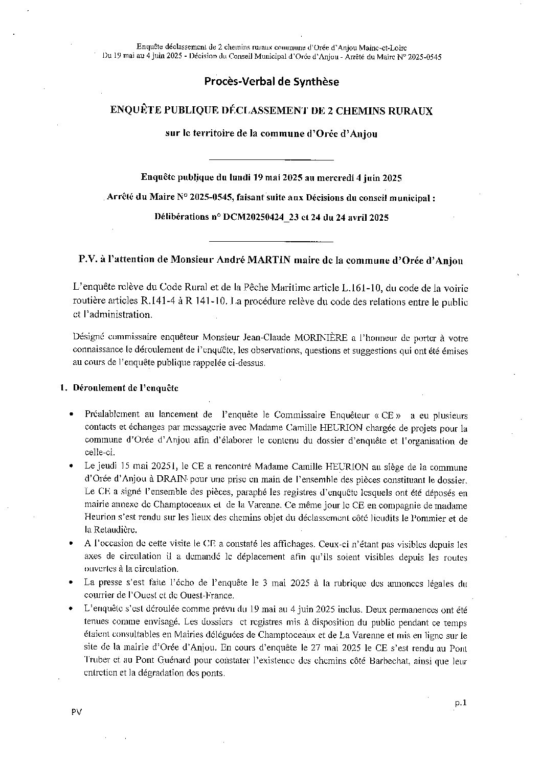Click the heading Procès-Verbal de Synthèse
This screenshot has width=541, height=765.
pyautogui.click(x=272, y=82)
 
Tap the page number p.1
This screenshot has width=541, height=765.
pyautogui.click(x=461, y=703)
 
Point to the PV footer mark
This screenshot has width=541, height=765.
pyautogui.click(x=76, y=712)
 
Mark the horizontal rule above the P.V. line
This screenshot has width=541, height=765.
pyautogui.click(x=272, y=241)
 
